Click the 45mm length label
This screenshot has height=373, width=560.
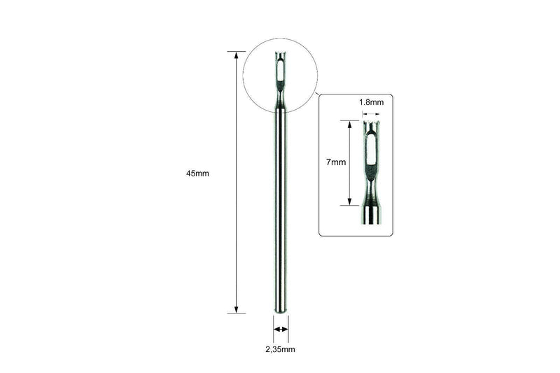pos(197,174)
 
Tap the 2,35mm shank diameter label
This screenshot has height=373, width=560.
pos(281,349)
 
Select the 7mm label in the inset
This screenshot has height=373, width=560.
pos(336,162)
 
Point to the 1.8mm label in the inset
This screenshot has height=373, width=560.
pos(372,102)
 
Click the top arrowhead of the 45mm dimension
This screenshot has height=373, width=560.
pos(236,55)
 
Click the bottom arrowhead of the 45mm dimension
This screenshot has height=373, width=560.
pos(236,310)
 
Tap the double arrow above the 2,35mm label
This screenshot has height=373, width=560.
pos(281,329)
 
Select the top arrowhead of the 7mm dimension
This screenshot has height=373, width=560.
pos(349,124)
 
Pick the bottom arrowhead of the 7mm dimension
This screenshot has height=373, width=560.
pos(349,202)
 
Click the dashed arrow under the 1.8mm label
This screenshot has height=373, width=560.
pos(371,114)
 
